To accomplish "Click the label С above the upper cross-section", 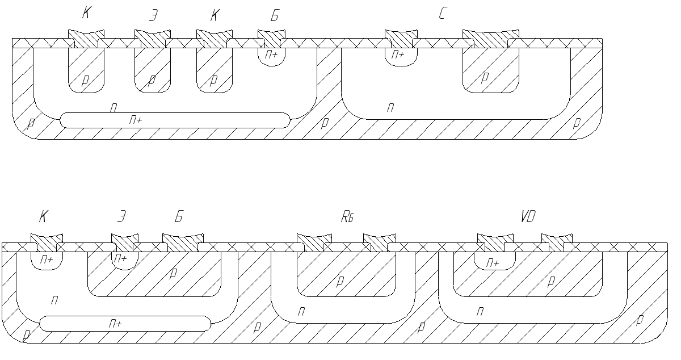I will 442,15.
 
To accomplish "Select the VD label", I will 528,216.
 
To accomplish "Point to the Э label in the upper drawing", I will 153,16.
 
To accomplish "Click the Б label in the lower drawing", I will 179,216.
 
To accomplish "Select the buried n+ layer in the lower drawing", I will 125,324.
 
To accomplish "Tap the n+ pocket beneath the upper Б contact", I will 271,56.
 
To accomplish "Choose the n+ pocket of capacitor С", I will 401,55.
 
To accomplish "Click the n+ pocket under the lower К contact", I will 47,259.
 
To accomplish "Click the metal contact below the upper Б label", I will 270,39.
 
